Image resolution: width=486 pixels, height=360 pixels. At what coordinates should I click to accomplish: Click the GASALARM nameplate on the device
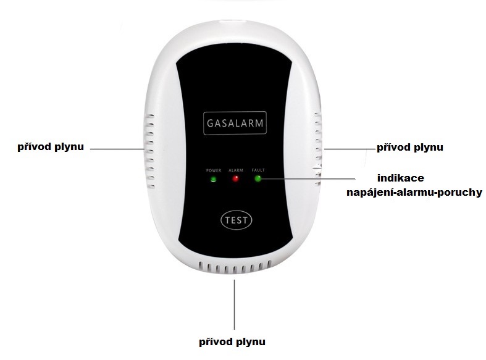(235, 123)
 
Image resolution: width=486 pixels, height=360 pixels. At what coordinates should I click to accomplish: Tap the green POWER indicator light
(213, 179)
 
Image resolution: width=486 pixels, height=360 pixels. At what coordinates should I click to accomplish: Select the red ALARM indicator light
(235, 178)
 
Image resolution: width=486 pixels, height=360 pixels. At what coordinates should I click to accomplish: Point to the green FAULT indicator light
(258, 178)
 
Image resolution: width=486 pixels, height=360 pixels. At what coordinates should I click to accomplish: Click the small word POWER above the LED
(214, 170)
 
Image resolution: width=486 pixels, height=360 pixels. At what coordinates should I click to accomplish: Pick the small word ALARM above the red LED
(236, 170)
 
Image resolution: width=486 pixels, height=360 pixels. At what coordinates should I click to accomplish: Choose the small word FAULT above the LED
(258, 170)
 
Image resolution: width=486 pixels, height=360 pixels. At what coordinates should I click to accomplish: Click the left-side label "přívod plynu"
(51, 146)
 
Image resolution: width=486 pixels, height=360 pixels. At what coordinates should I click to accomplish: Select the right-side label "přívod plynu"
(410, 147)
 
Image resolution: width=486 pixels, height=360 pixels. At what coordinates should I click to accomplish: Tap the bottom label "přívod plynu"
(232, 341)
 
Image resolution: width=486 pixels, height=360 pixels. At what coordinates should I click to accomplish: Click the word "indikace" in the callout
(400, 178)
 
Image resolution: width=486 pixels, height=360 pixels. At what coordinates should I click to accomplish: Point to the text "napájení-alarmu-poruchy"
(414, 193)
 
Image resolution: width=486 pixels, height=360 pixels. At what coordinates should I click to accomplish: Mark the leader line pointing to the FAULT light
(308, 178)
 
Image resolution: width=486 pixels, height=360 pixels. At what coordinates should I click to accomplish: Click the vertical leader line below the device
(234, 304)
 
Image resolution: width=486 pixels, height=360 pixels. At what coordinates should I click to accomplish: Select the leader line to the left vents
(117, 149)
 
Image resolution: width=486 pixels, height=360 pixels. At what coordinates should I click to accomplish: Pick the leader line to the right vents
(350, 149)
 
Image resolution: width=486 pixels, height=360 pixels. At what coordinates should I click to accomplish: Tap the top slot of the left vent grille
(150, 116)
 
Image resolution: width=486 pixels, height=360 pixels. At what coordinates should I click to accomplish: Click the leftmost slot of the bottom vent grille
(201, 266)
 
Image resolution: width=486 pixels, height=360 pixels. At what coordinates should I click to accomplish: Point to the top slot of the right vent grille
(317, 115)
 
